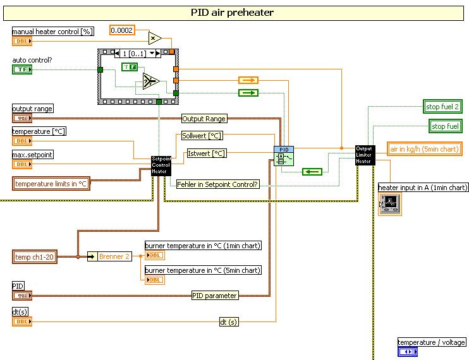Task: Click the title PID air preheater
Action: [233, 12]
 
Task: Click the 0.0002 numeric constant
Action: [123, 30]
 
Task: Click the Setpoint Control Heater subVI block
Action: [161, 165]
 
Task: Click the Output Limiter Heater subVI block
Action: [365, 155]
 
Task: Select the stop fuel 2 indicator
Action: [442, 107]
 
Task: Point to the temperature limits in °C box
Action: [51, 184]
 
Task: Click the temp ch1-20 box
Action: [35, 256]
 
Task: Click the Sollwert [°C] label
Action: [202, 136]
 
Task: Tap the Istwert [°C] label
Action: [206, 153]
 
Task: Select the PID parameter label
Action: [215, 295]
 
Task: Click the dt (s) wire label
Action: [229, 322]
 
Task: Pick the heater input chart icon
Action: [389, 204]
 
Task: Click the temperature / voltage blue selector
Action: [408, 352]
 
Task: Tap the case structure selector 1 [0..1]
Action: [140, 54]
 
